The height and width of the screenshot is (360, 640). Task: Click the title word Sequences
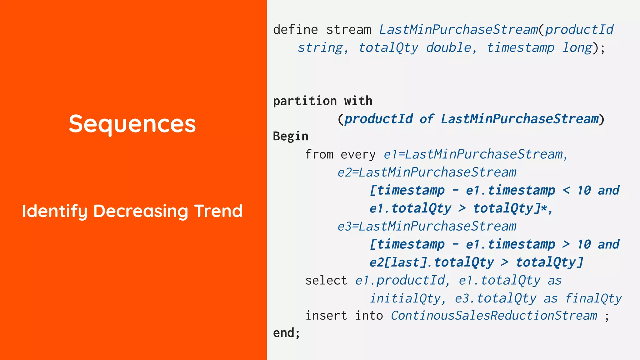click(132, 124)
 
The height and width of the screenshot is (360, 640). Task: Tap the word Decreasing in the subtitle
click(141, 211)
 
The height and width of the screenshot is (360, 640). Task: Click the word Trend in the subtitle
click(218, 211)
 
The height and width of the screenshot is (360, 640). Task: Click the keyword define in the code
click(295, 30)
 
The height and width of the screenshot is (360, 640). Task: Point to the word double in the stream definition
click(448, 48)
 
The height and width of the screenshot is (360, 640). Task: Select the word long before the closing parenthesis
click(577, 48)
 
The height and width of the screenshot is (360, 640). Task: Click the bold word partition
click(305, 101)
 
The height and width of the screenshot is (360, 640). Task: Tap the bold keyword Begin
click(291, 136)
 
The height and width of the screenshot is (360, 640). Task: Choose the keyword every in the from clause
click(358, 155)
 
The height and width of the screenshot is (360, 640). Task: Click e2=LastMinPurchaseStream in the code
click(427, 172)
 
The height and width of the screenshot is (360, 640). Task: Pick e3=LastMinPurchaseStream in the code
click(427, 227)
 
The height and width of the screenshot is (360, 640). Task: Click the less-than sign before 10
click(566, 190)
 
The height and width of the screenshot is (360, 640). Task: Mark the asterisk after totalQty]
click(544, 208)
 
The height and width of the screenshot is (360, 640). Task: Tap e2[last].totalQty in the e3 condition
click(432, 262)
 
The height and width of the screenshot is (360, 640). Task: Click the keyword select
click(326, 281)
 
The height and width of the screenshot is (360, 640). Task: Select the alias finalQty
click(593, 299)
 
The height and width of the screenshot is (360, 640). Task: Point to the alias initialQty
click(405, 299)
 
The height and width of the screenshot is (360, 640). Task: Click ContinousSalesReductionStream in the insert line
click(494, 316)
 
